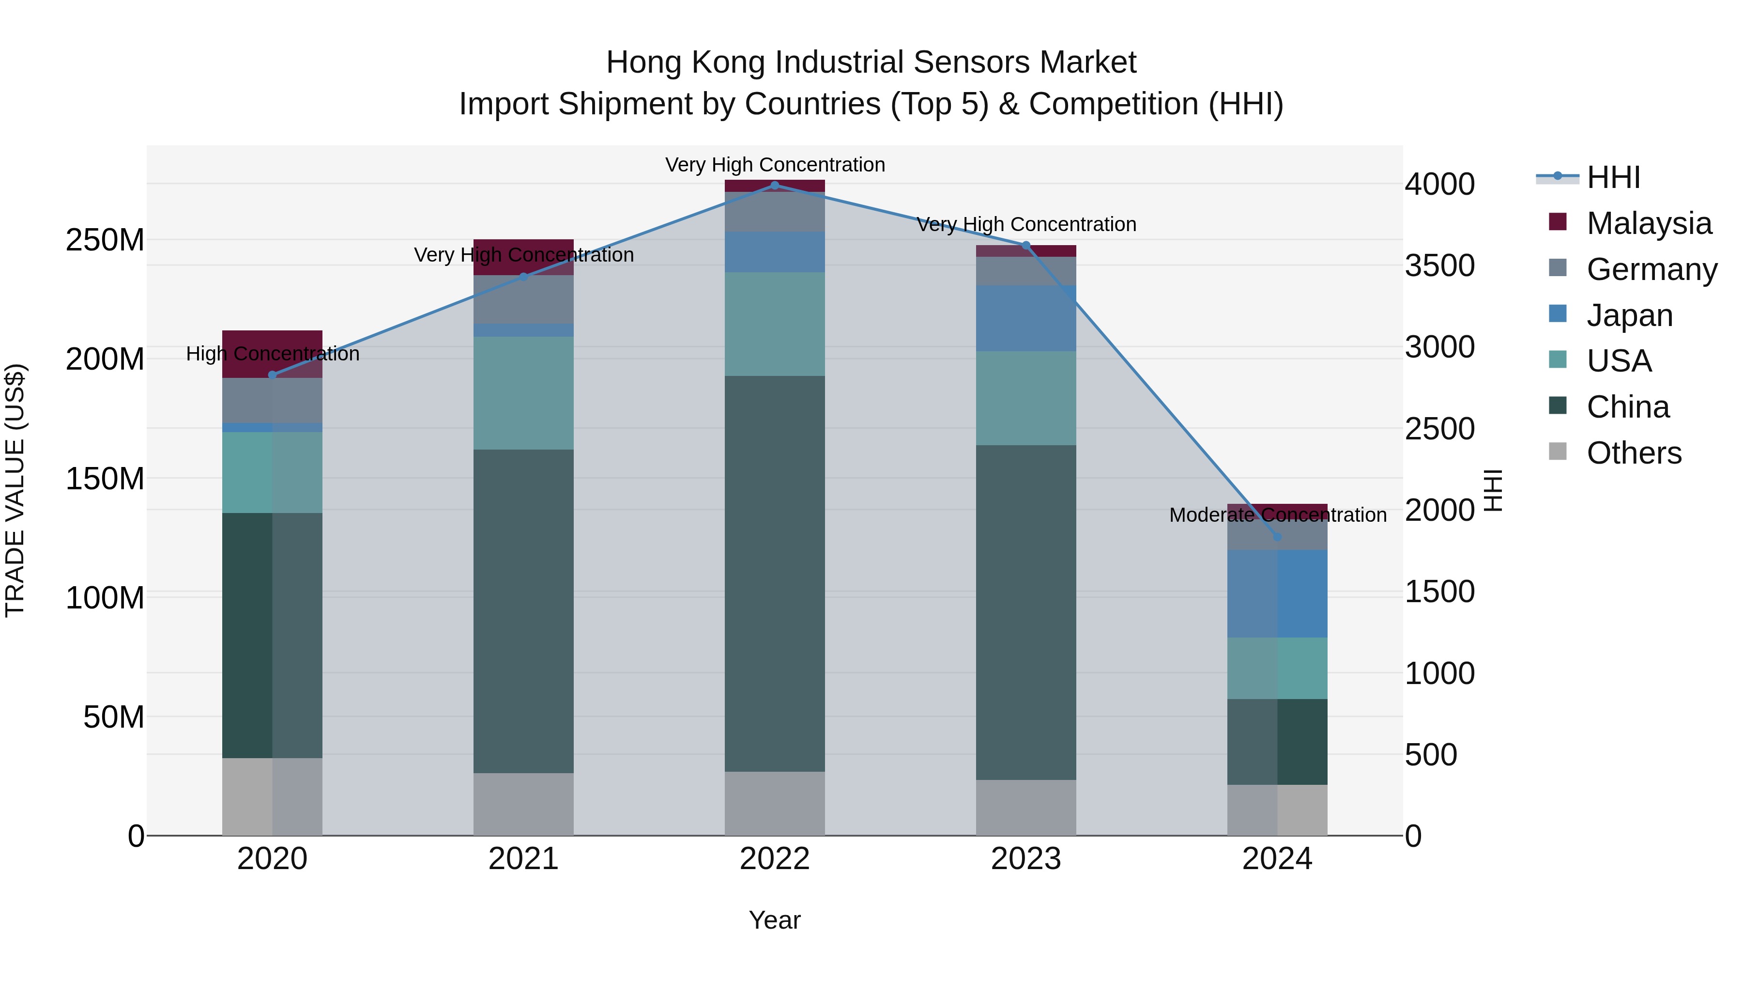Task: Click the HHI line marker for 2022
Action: pos(775,186)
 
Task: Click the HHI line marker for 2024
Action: pos(1277,537)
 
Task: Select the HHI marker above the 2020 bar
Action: pos(272,374)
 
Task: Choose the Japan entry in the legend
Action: pos(1629,315)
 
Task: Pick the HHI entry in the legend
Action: pos(1613,177)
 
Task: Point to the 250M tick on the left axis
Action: pos(105,240)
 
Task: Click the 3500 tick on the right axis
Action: pos(1439,266)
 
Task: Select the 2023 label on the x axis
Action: pos(1026,859)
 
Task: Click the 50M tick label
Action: pos(114,717)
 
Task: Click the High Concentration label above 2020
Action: pos(272,354)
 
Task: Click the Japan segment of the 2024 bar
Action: pos(1277,594)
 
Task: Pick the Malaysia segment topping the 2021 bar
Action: pos(523,257)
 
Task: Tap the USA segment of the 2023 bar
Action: pos(1026,398)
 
